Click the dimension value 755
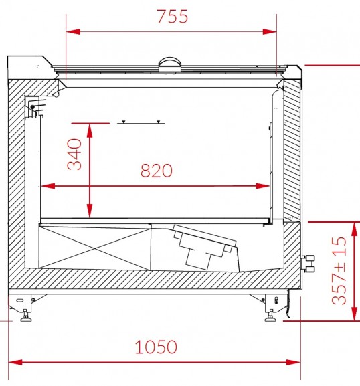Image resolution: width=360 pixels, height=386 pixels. pyautogui.click(x=173, y=17)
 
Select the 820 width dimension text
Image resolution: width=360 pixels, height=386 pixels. pyautogui.click(x=157, y=171)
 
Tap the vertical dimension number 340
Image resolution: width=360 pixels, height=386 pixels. pyautogui.click(x=75, y=155)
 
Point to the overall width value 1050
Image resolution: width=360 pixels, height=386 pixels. pyautogui.click(x=156, y=347)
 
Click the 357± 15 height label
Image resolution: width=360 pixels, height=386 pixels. pyautogui.click(x=339, y=270)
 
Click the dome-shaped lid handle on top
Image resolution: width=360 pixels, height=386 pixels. pyautogui.click(x=170, y=64)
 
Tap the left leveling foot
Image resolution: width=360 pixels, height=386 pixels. pyautogui.click(x=26, y=316)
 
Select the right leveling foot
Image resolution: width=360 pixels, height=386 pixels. pyautogui.click(x=271, y=316)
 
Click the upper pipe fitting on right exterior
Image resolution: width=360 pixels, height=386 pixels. pyautogui.click(x=308, y=258)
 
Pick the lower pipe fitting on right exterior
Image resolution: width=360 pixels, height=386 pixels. pyautogui.click(x=308, y=269)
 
